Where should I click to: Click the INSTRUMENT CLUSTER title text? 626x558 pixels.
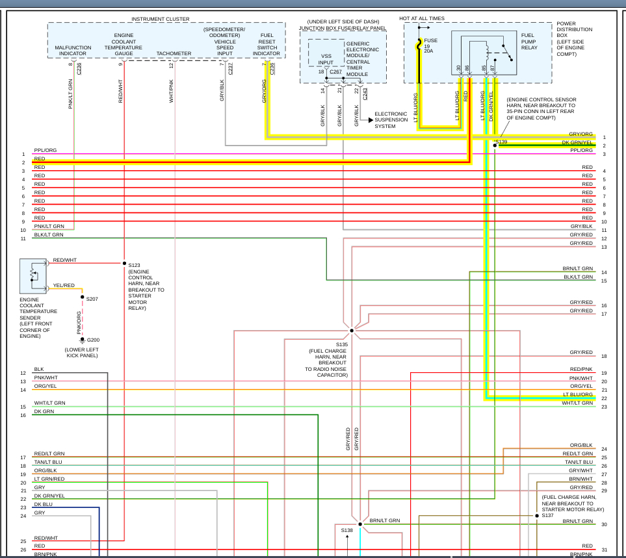161,19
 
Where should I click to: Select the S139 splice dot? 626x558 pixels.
495,146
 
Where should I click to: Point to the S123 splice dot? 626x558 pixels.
124,264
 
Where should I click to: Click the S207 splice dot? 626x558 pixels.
82,298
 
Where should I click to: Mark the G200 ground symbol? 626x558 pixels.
82,339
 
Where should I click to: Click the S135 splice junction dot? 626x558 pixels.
352,330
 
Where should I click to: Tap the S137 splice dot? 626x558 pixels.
537,516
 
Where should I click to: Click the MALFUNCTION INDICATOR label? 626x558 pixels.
73,51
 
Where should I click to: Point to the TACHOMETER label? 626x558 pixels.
174,53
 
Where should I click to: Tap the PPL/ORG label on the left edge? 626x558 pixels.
45,150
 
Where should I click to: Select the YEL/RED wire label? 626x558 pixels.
63,285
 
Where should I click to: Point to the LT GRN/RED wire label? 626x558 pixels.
49,479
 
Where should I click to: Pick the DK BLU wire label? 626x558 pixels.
43,504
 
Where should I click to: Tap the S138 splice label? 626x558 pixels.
347,530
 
